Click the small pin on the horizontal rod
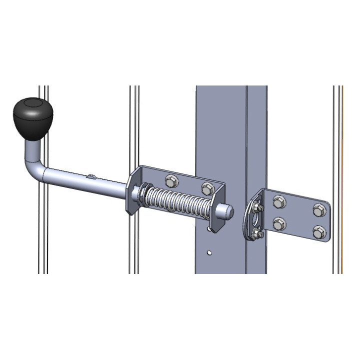90,175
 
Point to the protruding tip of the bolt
228,212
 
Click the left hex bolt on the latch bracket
170,179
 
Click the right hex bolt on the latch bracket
207,188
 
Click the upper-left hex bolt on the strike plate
278,202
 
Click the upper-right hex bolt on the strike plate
318,210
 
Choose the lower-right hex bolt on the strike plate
318,231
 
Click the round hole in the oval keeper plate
255,219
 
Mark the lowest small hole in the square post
209,253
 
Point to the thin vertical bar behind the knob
43,225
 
